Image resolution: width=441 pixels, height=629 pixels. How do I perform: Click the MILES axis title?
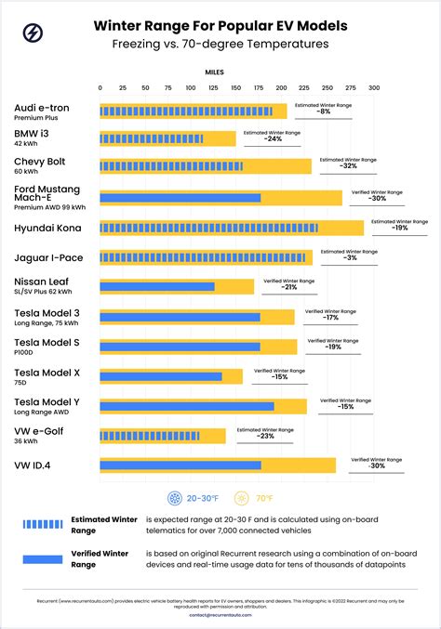pyautogui.click(x=215, y=71)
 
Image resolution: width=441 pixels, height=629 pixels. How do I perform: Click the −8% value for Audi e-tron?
pyautogui.click(x=323, y=111)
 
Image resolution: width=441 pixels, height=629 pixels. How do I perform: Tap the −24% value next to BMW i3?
pyautogui.click(x=273, y=139)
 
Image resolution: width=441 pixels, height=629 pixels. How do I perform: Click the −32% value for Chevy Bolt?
pyautogui.click(x=349, y=166)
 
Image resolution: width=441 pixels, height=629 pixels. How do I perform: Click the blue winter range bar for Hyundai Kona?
pyautogui.click(x=208, y=228)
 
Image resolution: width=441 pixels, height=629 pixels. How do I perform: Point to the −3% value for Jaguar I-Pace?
pyautogui.click(x=349, y=257)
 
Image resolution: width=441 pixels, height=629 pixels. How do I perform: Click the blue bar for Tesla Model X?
pyautogui.click(x=161, y=376)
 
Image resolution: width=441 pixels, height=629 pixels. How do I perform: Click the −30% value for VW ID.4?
pyautogui.click(x=377, y=465)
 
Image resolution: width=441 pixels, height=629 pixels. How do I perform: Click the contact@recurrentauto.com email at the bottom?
pyautogui.click(x=220, y=615)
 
